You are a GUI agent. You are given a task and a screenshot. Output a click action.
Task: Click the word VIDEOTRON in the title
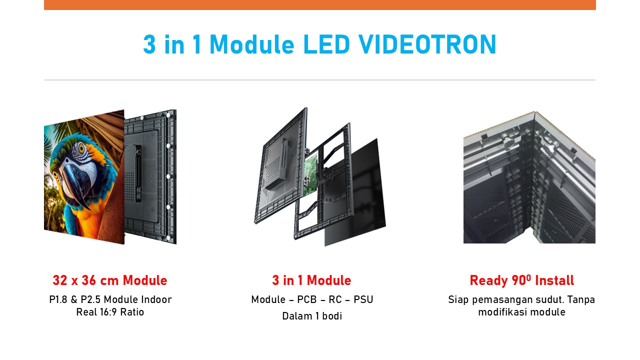[427, 44]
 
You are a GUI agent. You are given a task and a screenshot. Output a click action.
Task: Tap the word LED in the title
[326, 44]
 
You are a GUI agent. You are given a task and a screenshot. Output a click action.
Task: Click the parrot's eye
[81, 148]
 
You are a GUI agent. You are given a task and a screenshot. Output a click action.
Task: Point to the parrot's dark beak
[75, 183]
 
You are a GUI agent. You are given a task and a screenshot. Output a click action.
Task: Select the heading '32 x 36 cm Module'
[110, 280]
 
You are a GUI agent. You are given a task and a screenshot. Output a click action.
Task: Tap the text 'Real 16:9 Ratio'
[110, 312]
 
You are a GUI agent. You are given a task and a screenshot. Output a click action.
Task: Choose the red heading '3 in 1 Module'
[311, 280]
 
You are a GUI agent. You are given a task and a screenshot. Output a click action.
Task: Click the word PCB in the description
[307, 299]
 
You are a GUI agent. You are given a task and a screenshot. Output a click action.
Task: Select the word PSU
[363, 299]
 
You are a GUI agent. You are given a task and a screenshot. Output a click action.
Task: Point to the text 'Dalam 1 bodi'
[312, 316]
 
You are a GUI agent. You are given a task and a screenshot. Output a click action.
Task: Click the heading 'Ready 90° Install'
[521, 280]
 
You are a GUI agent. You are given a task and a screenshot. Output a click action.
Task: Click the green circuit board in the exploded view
[310, 175]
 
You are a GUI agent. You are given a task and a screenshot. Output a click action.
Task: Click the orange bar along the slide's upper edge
[320, 5]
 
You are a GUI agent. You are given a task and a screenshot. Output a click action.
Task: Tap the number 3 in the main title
[149, 44]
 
